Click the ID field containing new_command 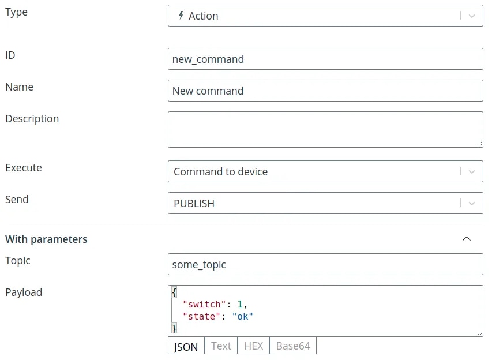click(x=325, y=59)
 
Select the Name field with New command click(x=325, y=91)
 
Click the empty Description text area click(x=325, y=129)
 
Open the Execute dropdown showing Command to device click(x=325, y=171)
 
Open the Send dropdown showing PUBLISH click(x=325, y=203)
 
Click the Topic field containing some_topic click(x=325, y=264)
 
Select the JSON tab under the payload click(x=186, y=346)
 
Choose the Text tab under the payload click(x=221, y=346)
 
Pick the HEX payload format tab click(x=254, y=346)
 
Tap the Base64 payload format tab click(x=293, y=346)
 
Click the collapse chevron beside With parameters click(x=467, y=239)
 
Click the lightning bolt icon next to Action click(x=181, y=16)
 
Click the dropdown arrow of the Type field click(x=472, y=16)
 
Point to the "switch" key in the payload click(x=204, y=304)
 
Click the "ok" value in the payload click(x=243, y=316)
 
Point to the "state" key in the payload click(x=201, y=316)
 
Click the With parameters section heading click(x=47, y=239)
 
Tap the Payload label click(x=24, y=292)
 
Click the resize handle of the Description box click(x=479, y=144)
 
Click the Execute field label click(x=24, y=168)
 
